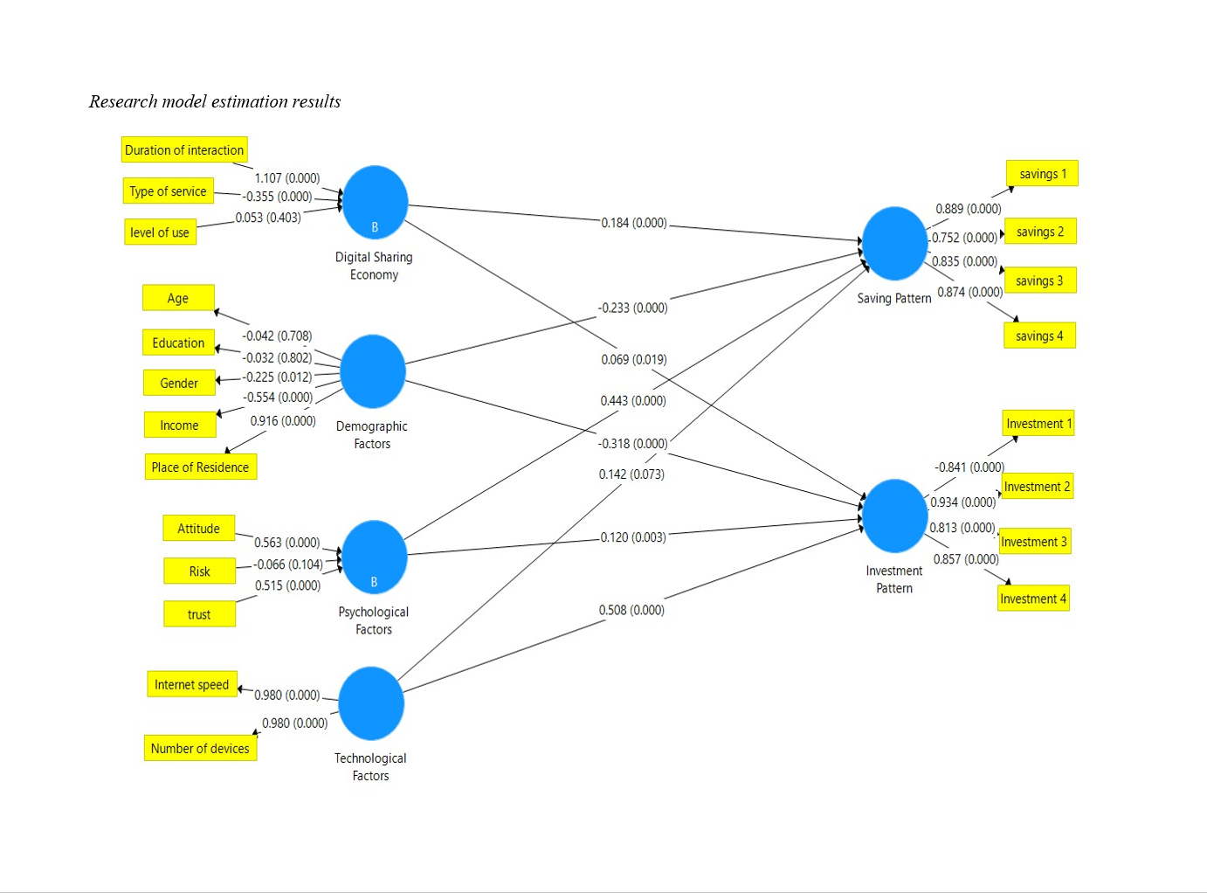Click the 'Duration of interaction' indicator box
[x=184, y=149]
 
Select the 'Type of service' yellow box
[x=168, y=191]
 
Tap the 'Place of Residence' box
[x=200, y=467]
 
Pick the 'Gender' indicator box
[x=179, y=383]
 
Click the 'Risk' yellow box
[x=199, y=571]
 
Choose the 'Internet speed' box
[x=191, y=684]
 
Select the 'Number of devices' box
[x=200, y=748]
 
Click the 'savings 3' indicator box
[x=1039, y=280]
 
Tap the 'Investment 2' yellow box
[x=1037, y=487]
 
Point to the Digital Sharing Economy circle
[x=375, y=202]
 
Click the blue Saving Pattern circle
[x=894, y=244]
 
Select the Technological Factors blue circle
[x=371, y=703]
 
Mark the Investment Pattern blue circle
[x=894, y=516]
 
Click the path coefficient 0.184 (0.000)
[x=633, y=223]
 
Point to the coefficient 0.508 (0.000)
[x=631, y=610]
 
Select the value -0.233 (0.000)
[x=632, y=308]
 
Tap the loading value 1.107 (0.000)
[x=287, y=178]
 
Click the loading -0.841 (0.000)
[x=969, y=467]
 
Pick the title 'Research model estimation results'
[x=215, y=101]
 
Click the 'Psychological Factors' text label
[x=374, y=620]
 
